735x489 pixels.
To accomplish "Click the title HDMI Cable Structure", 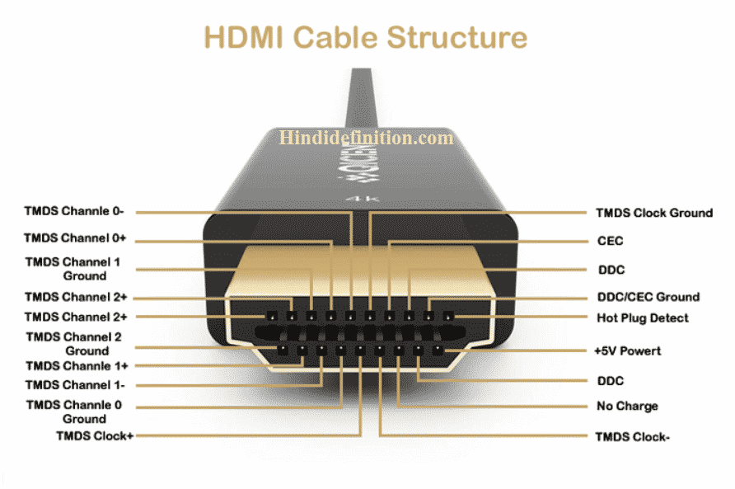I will click(x=365, y=38).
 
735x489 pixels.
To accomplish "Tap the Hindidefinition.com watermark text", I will click(x=367, y=138).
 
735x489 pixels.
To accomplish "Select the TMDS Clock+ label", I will click(x=95, y=435).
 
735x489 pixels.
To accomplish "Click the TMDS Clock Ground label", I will click(x=654, y=213).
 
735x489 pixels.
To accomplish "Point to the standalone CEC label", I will click(x=610, y=242).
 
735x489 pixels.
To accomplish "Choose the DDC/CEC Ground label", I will click(x=648, y=297).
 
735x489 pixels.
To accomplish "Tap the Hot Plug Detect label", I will click(x=642, y=317).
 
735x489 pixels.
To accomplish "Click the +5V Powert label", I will click(x=627, y=351).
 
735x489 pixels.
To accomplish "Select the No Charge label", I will click(x=626, y=407).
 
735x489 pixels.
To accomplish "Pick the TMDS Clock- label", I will click(x=632, y=436).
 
